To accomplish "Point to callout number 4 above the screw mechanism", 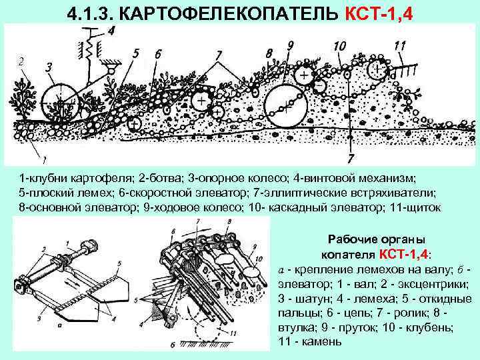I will (x=109, y=30).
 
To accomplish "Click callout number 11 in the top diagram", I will (x=400, y=45).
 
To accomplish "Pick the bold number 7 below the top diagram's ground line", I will (x=350, y=159).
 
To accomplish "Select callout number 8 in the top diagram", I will (x=269, y=51).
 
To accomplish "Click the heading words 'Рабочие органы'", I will (x=377, y=240).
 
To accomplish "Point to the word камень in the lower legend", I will (x=317, y=342).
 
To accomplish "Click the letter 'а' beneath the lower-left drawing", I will (x=60, y=326).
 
